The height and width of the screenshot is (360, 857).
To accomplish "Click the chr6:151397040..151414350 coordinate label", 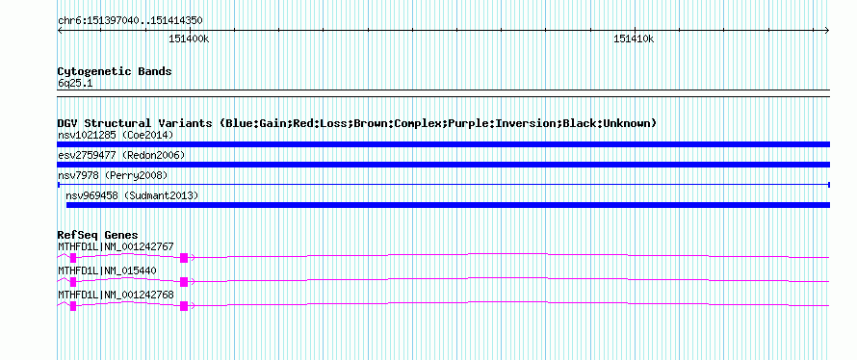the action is pyautogui.click(x=130, y=21).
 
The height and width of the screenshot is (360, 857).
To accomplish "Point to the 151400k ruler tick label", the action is pyautogui.click(x=189, y=39).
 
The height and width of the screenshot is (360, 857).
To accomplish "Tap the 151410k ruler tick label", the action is pyautogui.click(x=634, y=39).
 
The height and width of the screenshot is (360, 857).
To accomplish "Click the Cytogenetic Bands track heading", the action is pyautogui.click(x=115, y=71).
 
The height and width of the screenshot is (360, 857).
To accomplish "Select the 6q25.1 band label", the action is pyautogui.click(x=71, y=83).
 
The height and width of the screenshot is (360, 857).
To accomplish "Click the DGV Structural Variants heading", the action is pyautogui.click(x=357, y=123).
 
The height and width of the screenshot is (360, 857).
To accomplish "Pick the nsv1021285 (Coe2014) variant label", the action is pyautogui.click(x=116, y=135).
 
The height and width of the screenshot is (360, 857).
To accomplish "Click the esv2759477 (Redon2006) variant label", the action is pyautogui.click(x=121, y=155).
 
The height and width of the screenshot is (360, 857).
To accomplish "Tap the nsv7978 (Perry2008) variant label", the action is pyautogui.click(x=113, y=175).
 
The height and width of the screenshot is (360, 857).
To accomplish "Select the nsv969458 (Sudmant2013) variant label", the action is pyautogui.click(x=132, y=195).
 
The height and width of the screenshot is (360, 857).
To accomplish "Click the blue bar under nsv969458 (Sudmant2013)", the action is pyautogui.click(x=448, y=205).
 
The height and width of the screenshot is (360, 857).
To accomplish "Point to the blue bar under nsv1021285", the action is pyautogui.click(x=444, y=144).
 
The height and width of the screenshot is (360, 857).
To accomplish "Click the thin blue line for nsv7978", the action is pyautogui.click(x=444, y=185).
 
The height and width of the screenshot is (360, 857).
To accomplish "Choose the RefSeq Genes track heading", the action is pyautogui.click(x=98, y=236).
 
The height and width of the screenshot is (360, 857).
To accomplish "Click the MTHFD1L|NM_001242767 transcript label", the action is pyautogui.click(x=116, y=247).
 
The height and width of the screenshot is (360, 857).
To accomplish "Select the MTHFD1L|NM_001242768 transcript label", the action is pyautogui.click(x=116, y=295).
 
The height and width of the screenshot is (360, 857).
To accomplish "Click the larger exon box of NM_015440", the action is pyautogui.click(x=184, y=282).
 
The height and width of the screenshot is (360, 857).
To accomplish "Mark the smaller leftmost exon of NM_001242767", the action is pyautogui.click(x=73, y=258).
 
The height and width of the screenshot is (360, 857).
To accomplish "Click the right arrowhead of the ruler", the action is pyautogui.click(x=827, y=31).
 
